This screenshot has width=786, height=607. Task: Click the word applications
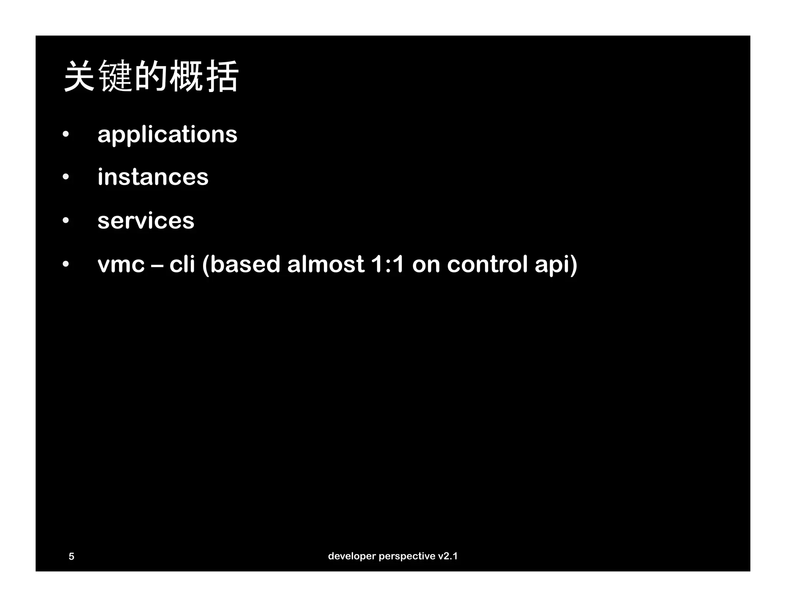tap(167, 135)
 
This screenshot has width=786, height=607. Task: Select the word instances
tap(153, 177)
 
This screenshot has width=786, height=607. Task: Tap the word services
tap(146, 221)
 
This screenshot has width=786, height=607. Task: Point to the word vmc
tap(121, 264)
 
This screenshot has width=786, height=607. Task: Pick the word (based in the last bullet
tap(241, 264)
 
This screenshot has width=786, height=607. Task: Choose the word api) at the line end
tap(556, 264)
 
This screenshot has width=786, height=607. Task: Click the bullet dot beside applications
tap(66, 135)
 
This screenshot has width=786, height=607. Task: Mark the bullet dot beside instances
tap(66, 177)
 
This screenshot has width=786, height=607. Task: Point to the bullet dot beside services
tap(66, 221)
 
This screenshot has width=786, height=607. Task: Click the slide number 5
tap(71, 556)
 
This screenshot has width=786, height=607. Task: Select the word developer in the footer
tap(352, 556)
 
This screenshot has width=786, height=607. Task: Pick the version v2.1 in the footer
tap(448, 556)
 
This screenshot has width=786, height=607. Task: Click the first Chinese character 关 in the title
tap(79, 76)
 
